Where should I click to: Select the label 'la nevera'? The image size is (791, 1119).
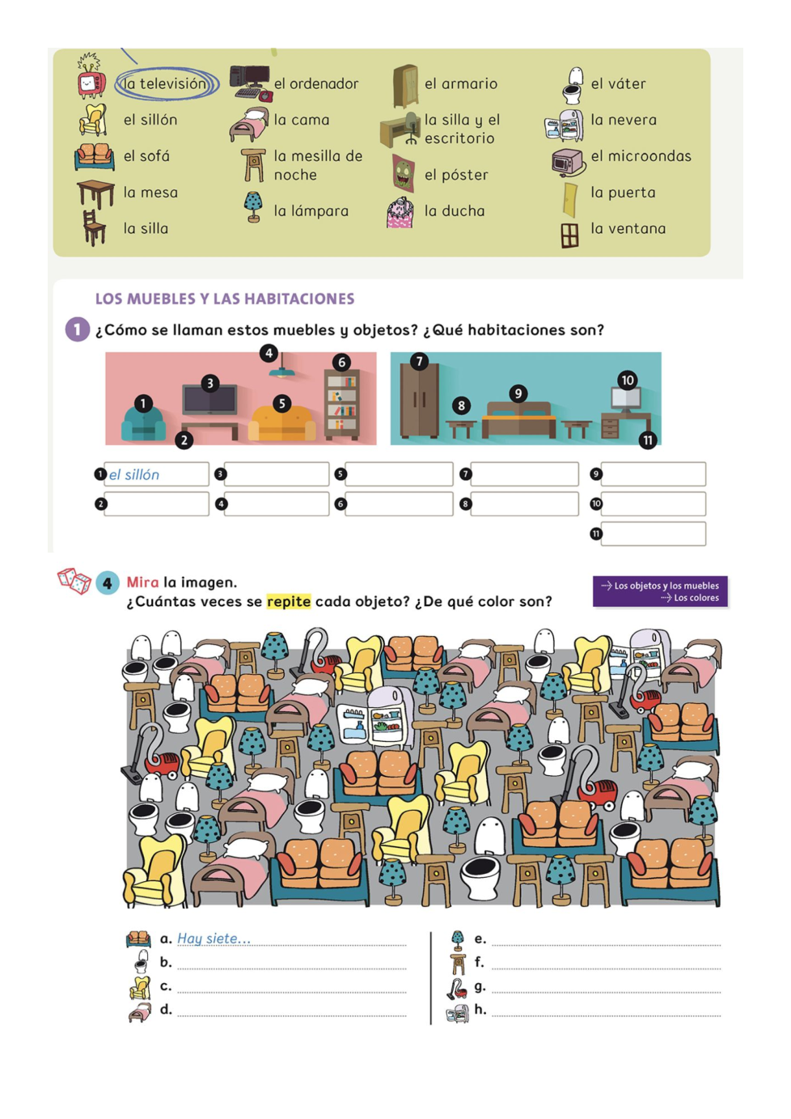624,120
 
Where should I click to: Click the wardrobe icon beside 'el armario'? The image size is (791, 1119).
405,86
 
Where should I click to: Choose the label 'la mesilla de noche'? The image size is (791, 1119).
318,165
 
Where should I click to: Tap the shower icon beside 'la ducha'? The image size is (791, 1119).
400,212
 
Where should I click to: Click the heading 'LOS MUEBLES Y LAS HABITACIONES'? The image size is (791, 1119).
225,299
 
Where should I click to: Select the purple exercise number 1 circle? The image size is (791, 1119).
77,329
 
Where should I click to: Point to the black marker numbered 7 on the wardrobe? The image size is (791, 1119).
418,361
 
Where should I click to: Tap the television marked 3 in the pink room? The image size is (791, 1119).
209,401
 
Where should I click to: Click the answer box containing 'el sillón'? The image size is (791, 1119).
157,474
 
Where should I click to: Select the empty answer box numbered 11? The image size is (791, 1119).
653,533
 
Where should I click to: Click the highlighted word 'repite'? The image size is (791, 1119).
289,601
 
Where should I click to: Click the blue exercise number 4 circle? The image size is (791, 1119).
107,583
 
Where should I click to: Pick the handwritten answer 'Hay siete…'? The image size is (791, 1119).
214,939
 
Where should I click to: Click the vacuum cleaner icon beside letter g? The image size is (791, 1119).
457,988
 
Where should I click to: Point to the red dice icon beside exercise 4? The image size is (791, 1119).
74,579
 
